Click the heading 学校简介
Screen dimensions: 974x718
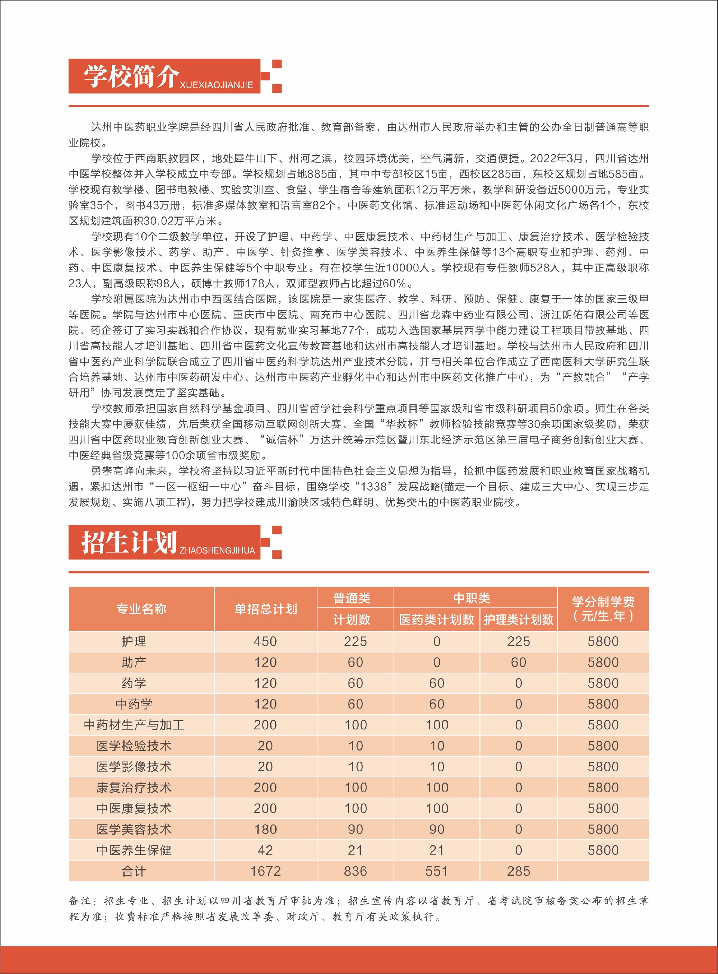pyautogui.click(x=131, y=76)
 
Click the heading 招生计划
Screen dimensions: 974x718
pyautogui.click(x=129, y=543)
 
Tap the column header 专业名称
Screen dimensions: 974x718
pyautogui.click(x=141, y=609)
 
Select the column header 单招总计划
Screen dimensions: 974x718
pyautogui.click(x=266, y=609)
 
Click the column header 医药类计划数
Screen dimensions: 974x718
pyautogui.click(x=436, y=620)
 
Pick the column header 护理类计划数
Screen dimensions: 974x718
pyautogui.click(x=519, y=620)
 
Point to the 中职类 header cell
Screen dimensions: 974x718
pyautogui.click(x=472, y=598)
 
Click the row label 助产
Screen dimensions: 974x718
pyautogui.click(x=134, y=663)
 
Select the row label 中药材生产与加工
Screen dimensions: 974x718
pyautogui.click(x=134, y=725)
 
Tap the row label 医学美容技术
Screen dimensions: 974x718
pyautogui.click(x=134, y=829)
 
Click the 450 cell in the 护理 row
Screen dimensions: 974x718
pyautogui.click(x=265, y=642)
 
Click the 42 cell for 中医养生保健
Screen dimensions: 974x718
pyautogui.click(x=265, y=850)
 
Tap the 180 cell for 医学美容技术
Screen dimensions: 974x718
pyautogui.click(x=265, y=829)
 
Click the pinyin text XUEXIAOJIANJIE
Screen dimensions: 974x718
pyautogui.click(x=216, y=85)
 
